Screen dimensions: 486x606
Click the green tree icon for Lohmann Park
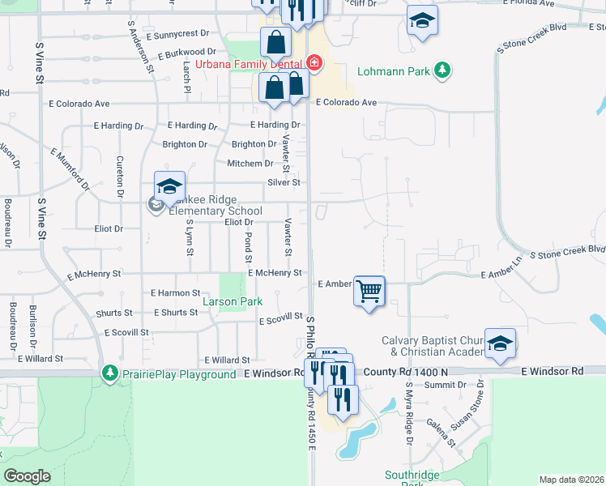point(442,70)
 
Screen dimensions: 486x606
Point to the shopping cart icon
point(369,290)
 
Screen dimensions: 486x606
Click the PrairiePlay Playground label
point(181,374)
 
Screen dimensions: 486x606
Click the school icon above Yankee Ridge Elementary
point(169,187)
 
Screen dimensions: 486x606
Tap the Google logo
point(27,476)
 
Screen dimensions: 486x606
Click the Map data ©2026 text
point(570,480)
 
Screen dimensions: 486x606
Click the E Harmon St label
point(175,292)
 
